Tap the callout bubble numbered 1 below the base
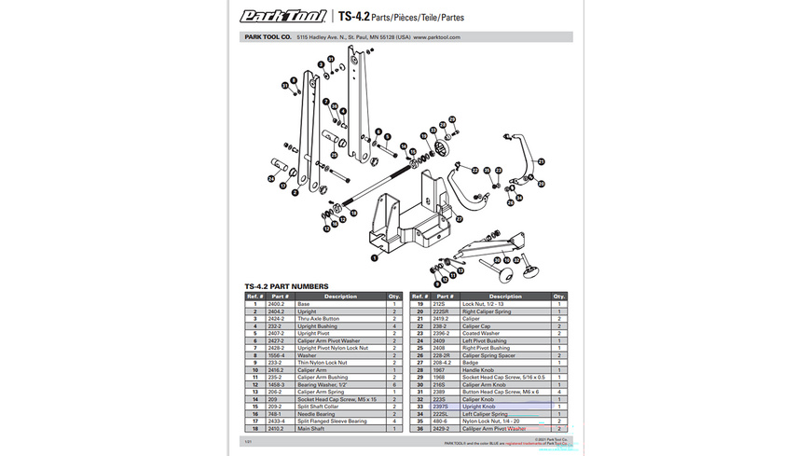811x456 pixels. point(374,257)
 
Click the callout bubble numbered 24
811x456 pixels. point(272,178)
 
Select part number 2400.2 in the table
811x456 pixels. point(277,304)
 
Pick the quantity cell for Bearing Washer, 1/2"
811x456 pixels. point(394,382)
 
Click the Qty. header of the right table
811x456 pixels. point(558,297)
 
